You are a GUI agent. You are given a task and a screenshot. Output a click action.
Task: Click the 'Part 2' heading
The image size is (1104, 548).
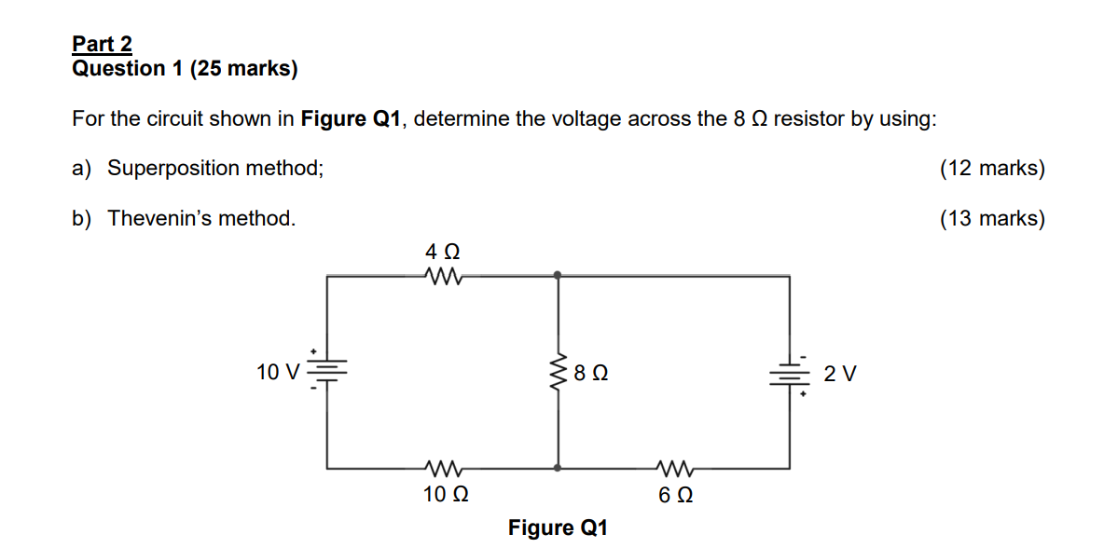[x=103, y=44]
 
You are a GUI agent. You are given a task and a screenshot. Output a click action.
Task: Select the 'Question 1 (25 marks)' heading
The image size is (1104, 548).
[x=185, y=68]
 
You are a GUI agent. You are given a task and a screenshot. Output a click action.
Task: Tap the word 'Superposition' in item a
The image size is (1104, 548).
[x=173, y=169]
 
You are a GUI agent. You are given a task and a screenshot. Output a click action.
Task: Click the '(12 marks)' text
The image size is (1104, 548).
[x=992, y=169]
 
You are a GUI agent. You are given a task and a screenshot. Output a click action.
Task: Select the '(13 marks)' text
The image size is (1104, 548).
[x=992, y=219]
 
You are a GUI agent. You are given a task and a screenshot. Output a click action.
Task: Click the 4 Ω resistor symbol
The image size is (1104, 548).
[x=443, y=275]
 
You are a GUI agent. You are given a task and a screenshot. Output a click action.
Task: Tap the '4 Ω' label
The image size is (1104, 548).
[x=443, y=252]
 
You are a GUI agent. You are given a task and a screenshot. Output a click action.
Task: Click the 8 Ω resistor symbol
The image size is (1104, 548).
[x=559, y=373]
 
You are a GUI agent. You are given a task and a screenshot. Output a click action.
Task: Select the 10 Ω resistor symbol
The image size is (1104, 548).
[x=442, y=467]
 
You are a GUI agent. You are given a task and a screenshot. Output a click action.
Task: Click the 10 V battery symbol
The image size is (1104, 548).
[x=326, y=371]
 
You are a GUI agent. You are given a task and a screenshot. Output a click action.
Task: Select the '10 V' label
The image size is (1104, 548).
[x=278, y=373]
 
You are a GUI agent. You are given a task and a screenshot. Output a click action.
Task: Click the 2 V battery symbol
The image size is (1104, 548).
[x=791, y=375]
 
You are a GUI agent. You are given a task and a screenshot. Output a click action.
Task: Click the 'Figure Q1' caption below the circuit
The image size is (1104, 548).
[x=558, y=528]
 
